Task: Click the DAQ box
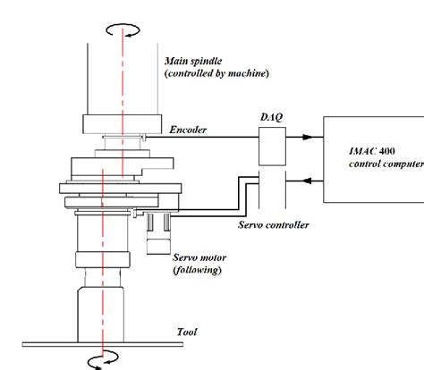270,139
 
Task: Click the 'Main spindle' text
194,62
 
